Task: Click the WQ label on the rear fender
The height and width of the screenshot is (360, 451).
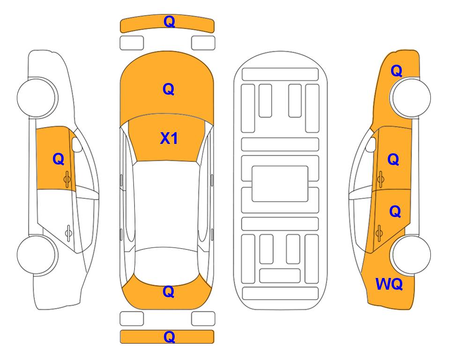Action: (x=389, y=284)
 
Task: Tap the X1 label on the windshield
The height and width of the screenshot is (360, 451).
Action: (x=169, y=138)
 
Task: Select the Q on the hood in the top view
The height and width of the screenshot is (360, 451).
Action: (x=169, y=89)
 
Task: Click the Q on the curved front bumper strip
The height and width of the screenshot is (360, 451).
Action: (x=169, y=22)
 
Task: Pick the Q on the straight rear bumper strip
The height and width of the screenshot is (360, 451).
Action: (x=169, y=337)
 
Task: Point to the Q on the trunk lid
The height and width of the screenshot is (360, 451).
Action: (x=169, y=292)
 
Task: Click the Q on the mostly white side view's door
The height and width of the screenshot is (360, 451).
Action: (x=59, y=159)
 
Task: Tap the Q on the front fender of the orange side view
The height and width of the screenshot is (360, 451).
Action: (x=396, y=71)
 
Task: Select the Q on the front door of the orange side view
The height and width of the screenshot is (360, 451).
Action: (x=393, y=159)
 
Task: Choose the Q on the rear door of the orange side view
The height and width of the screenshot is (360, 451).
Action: (x=395, y=212)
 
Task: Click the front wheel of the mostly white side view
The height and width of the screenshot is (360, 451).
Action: (x=37, y=97)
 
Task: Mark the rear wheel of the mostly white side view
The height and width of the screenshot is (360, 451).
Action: (x=37, y=255)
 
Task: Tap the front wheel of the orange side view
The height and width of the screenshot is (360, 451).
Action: (x=410, y=97)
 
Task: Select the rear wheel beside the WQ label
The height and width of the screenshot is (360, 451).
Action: (x=411, y=255)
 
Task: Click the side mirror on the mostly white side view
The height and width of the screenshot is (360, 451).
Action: (x=76, y=144)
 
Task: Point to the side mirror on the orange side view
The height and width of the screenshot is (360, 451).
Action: (x=371, y=144)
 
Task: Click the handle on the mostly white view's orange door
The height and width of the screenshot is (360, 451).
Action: (x=67, y=179)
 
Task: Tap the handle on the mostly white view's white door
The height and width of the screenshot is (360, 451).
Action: (x=68, y=232)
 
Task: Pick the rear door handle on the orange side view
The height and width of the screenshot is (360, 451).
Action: (x=379, y=232)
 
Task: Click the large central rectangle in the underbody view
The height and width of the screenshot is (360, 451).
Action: (x=280, y=184)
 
